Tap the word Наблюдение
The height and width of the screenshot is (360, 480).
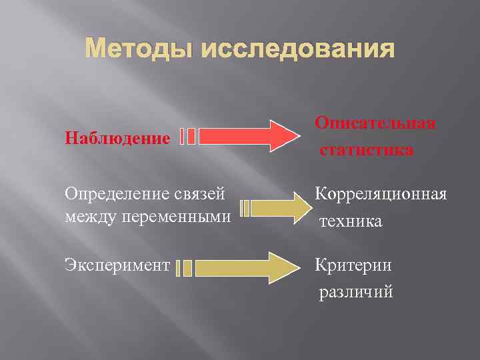(x=117, y=139)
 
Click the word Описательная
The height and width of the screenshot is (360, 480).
(x=376, y=123)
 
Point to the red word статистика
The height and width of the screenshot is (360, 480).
(x=366, y=150)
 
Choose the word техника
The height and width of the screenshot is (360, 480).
(x=351, y=221)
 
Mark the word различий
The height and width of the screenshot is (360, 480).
(x=356, y=291)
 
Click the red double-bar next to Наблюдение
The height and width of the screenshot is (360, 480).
(x=187, y=136)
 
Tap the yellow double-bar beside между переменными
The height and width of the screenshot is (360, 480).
(x=245, y=208)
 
